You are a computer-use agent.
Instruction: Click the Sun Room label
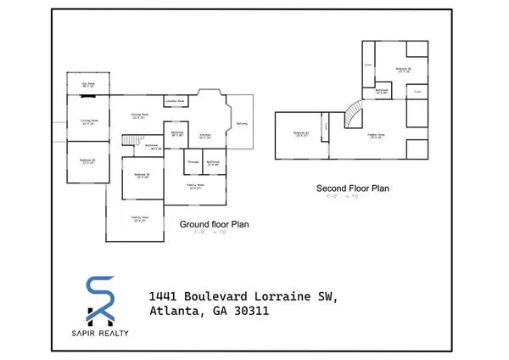pyautogui.click(x=87, y=85)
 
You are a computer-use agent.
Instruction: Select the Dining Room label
pyautogui.click(x=140, y=115)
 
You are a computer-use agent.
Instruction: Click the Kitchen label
pyautogui.click(x=204, y=136)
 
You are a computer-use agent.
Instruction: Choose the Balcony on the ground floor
pyautogui.click(x=242, y=123)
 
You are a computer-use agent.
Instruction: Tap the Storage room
pyautogui.click(x=193, y=161)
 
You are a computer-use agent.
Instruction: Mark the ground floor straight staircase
pyautogui.click(x=130, y=141)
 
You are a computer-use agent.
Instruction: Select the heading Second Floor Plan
pyautogui.click(x=352, y=188)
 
